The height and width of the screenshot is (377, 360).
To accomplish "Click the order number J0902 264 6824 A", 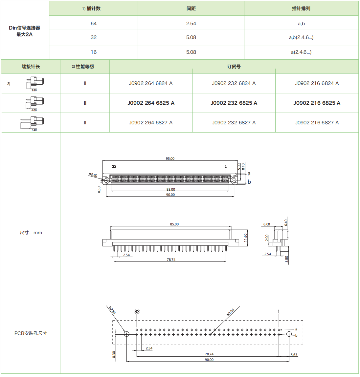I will click(151, 83).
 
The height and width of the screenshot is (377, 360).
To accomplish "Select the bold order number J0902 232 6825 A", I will click(234, 103).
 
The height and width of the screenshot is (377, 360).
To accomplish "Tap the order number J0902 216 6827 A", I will click(317, 123).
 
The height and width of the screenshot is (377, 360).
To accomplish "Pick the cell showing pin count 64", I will click(94, 24).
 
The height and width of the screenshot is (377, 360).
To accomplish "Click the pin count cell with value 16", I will click(94, 52).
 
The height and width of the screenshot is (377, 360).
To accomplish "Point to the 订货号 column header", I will click(234, 67).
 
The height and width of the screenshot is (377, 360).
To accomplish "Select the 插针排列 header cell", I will click(301, 9).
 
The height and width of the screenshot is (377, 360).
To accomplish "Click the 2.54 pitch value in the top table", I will click(191, 24).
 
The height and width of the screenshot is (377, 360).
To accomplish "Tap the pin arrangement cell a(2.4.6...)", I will click(301, 52).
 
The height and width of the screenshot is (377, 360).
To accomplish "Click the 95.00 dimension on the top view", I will click(170, 158).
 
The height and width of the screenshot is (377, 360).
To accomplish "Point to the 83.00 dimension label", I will click(170, 189).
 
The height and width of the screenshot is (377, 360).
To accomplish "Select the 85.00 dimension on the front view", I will click(174, 224).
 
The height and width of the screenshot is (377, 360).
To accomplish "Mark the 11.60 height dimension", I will click(245, 238).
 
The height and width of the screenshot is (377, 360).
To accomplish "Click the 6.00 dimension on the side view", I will click(266, 224).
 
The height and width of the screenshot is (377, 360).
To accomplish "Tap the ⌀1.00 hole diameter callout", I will click(231, 312).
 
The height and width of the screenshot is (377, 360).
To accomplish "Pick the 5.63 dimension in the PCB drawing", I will click(294, 355).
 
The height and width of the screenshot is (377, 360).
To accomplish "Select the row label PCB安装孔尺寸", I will click(31, 333).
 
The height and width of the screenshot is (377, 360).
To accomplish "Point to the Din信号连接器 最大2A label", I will click(25, 31).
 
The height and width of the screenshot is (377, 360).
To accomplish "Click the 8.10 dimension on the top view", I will click(243, 167).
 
